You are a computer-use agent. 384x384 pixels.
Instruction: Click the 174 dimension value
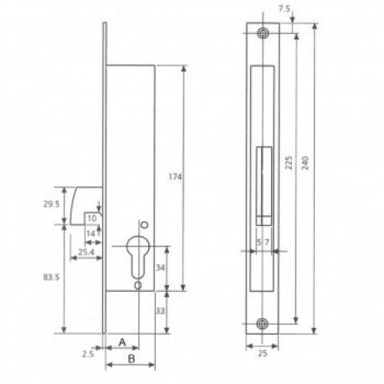click(x=175, y=177)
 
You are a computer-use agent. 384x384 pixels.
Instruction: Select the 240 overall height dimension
click(x=305, y=163)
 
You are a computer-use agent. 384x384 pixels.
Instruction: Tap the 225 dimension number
click(x=289, y=162)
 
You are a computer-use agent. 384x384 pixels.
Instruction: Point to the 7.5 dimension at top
click(x=284, y=9)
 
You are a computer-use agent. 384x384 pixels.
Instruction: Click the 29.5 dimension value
click(x=51, y=204)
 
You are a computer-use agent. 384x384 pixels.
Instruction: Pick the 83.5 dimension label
click(x=51, y=277)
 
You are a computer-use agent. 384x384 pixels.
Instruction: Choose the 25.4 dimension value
click(x=87, y=252)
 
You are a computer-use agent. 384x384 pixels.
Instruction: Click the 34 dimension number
click(x=161, y=268)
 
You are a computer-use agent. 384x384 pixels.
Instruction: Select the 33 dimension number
click(x=161, y=311)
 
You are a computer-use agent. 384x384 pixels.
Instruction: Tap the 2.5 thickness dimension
click(x=88, y=354)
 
